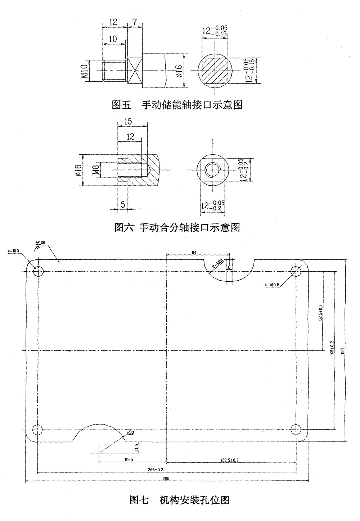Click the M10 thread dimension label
pyautogui.click(x=85, y=71)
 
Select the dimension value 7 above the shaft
pyautogui.click(x=134, y=22)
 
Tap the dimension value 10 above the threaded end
pyautogui.click(x=113, y=39)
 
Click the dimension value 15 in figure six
pyautogui.click(x=128, y=121)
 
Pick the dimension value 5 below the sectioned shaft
pyautogui.click(x=123, y=204)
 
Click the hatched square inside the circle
pyautogui.click(x=214, y=71)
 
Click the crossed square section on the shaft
pyautogui.click(x=135, y=71)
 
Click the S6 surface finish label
pyautogui.click(x=43, y=243)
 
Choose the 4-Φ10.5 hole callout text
pyautogui.click(x=272, y=285)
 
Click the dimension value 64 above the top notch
pyautogui.click(x=194, y=253)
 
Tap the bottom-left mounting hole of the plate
pyautogui.click(x=37, y=429)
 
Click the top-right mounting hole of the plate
pyautogui.click(x=296, y=271)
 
